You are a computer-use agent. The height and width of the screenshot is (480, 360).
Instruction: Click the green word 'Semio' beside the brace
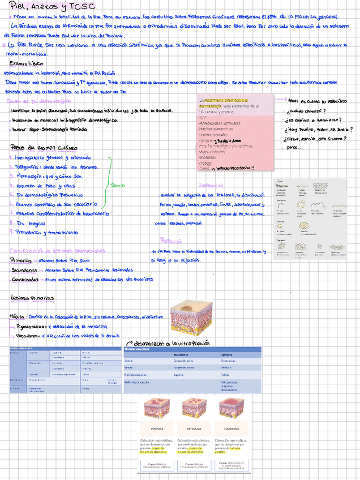click(118, 185)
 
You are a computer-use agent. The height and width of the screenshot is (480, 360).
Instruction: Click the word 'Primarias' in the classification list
click(21, 261)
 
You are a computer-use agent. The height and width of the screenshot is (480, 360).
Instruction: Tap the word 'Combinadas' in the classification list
click(24, 279)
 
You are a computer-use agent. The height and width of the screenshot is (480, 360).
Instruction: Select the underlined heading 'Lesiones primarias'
click(33, 298)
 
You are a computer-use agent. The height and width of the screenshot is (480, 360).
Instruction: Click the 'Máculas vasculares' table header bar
click(192, 349)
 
